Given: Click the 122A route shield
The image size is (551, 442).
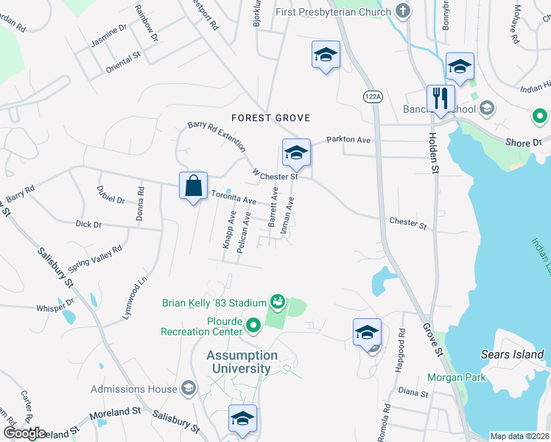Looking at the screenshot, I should point(373,97).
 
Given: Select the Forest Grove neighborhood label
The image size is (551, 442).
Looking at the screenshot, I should point(270,118).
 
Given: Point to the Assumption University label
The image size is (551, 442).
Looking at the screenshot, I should point(242,362).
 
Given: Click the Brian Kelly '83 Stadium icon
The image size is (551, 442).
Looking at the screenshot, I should point(278,301).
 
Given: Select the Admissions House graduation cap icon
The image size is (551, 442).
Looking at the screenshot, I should point(188,388).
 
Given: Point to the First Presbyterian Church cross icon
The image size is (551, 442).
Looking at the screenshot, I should point(401,11).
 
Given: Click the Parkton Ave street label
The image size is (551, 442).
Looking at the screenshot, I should point(348,140).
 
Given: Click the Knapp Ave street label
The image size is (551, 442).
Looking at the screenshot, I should point(231,231).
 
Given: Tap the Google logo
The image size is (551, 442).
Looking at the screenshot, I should point(24,433).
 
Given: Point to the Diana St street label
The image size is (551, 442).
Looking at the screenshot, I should point(413,392).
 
